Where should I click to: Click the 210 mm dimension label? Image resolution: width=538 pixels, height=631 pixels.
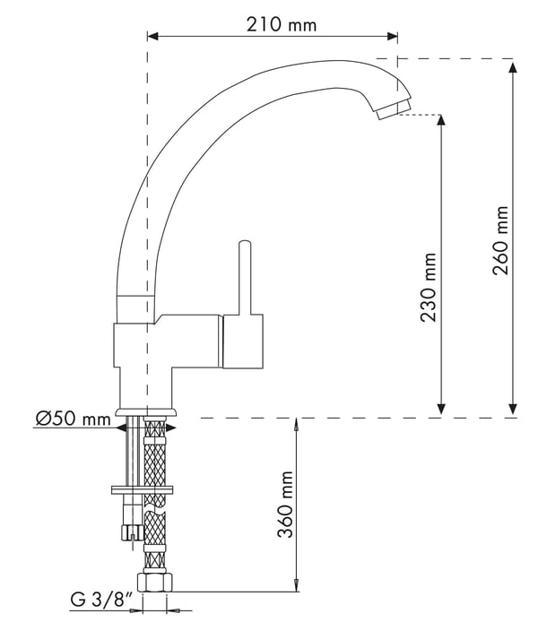click(282, 24)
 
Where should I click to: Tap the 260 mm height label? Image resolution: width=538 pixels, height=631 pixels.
click(500, 240)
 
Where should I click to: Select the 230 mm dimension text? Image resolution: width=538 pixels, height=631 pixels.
click(428, 288)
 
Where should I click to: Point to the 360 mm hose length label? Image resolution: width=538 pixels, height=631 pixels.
click(285, 505)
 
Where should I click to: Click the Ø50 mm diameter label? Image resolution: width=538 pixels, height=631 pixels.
click(73, 419)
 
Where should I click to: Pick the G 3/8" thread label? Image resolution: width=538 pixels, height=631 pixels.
click(101, 601)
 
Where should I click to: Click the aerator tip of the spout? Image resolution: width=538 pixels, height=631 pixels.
click(394, 110)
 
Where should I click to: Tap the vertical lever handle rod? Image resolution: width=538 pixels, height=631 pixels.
click(245, 278)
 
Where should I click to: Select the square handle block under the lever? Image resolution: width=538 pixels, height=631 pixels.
click(243, 341)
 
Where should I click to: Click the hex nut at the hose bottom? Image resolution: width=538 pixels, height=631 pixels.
click(155, 583)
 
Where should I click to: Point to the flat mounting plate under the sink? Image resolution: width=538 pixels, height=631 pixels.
click(142, 490)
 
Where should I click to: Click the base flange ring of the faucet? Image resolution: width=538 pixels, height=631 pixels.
click(146, 412)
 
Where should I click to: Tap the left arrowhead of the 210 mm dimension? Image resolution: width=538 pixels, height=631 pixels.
click(152, 37)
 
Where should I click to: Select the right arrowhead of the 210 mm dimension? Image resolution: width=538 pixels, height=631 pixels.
click(393, 37)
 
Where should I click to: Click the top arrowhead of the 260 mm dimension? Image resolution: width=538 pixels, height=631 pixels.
click(513, 67)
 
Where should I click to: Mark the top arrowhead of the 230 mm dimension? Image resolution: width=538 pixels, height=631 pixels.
click(441, 120)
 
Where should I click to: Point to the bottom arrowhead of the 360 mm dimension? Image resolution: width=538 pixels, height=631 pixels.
click(297, 585)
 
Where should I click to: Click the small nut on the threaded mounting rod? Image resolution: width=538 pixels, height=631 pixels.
click(132, 532)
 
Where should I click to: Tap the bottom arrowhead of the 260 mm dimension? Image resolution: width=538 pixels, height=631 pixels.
click(513, 409)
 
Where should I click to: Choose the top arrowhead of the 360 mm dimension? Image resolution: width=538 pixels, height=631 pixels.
click(297, 425)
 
